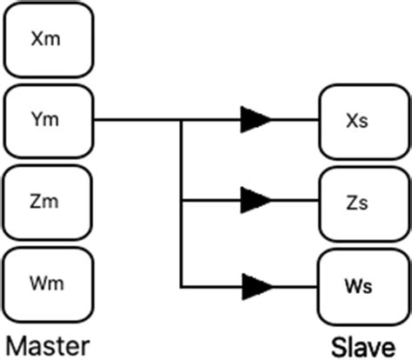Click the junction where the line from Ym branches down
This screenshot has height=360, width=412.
click(181, 120)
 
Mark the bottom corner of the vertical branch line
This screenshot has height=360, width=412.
click(181, 284)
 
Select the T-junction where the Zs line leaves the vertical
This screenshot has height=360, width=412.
click(181, 202)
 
